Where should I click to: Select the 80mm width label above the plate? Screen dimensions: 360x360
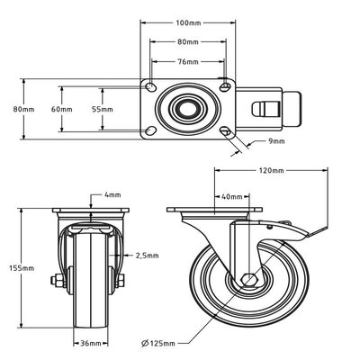click(187, 40)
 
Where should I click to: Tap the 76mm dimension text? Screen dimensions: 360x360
click(187, 61)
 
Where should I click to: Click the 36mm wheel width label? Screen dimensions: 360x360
click(88, 342)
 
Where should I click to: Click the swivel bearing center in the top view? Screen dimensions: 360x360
click(187, 110)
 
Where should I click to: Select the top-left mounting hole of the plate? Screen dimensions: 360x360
click(151, 88)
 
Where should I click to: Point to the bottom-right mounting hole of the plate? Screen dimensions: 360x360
click(223, 131)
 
